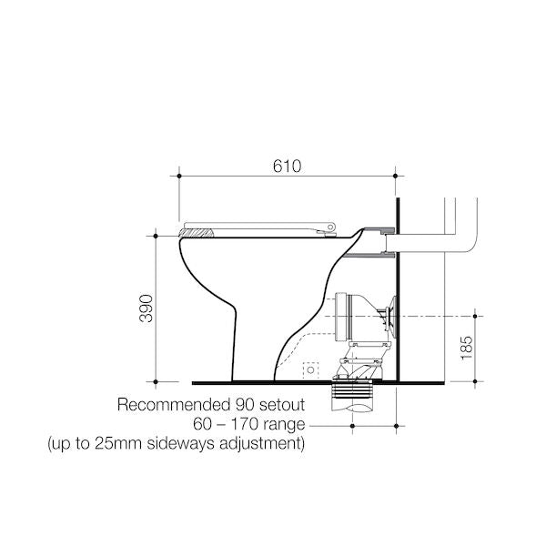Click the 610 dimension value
tap(287, 167)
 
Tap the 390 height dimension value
tap(147, 308)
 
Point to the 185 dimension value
tap(466, 349)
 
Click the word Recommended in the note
tap(172, 405)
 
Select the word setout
tap(282, 405)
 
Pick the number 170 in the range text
tap(245, 424)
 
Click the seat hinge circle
tap(330, 227)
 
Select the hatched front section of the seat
tap(196, 233)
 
